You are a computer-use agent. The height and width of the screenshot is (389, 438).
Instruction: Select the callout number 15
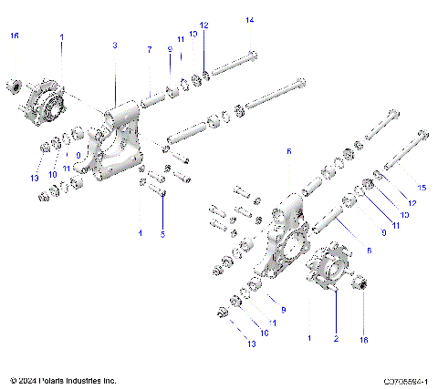(x=422, y=188)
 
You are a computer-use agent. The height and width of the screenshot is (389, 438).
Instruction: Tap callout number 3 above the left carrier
(x=115, y=45)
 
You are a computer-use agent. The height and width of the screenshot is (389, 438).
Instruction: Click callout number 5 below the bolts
(x=163, y=233)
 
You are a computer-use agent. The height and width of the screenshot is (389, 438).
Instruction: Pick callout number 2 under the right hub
(x=335, y=338)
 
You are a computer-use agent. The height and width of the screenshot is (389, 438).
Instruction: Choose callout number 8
(x=368, y=249)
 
